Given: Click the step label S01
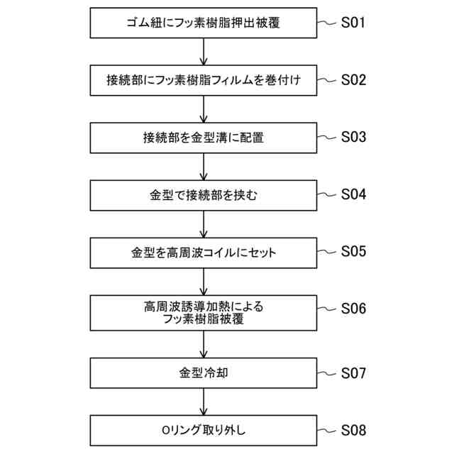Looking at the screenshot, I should tap(353, 23).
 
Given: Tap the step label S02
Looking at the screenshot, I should tap(353, 80).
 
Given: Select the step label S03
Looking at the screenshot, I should tap(353, 137).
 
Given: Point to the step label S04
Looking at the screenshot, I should tap(353, 194).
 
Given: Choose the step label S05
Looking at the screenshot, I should tap(353, 251).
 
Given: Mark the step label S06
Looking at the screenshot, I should tap(353, 309).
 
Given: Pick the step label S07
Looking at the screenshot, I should tap(353, 372).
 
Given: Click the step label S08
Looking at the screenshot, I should tap(353, 430).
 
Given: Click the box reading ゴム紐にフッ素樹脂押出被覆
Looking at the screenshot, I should tap(203, 23).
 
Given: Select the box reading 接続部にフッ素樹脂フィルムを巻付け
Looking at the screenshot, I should tap(203, 80).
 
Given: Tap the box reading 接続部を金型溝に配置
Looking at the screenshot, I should tap(203, 138).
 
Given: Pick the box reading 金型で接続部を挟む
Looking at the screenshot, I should tap(203, 194).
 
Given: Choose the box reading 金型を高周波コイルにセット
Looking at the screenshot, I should tap(203, 252).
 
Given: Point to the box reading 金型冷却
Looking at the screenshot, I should tap(203, 372).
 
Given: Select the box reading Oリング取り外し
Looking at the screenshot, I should tap(203, 430).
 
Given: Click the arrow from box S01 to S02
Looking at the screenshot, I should tap(204, 52).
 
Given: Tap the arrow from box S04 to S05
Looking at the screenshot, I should tap(204, 223).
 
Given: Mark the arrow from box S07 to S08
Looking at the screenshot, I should tap(204, 402).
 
